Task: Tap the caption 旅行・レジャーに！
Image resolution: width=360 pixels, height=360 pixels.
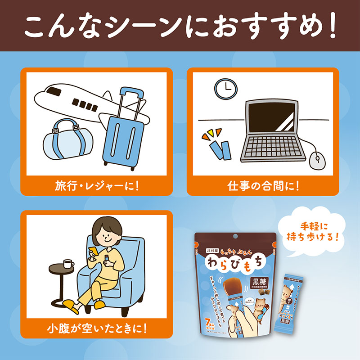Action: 97,186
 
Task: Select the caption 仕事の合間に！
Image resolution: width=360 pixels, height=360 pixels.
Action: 263,186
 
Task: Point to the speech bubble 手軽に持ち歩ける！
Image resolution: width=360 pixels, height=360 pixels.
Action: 309,230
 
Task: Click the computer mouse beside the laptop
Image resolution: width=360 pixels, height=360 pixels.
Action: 317,158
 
